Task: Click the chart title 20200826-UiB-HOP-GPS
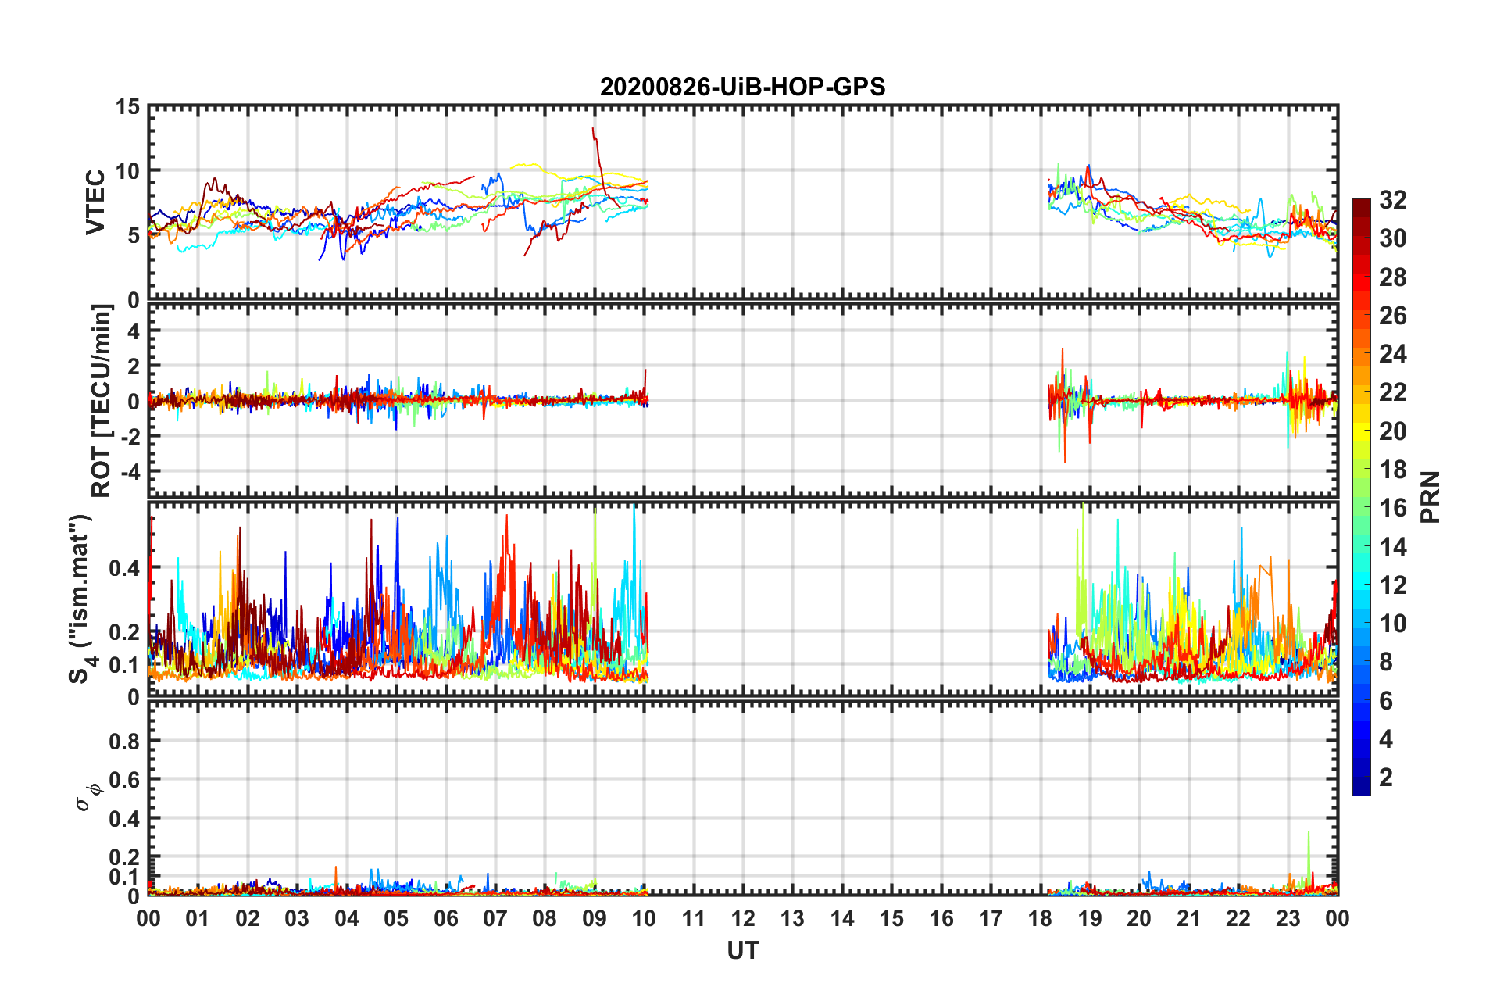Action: tap(742, 87)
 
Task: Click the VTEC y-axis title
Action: tap(95, 202)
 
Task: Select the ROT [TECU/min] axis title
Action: tap(102, 401)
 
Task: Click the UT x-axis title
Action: tap(742, 950)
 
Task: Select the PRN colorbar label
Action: tap(1431, 497)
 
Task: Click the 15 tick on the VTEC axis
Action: tap(127, 107)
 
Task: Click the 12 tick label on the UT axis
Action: tap(743, 918)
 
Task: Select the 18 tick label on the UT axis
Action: tap(1040, 918)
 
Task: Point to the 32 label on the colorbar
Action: tap(1392, 200)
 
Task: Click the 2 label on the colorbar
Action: tap(1386, 777)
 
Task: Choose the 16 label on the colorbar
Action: tap(1392, 508)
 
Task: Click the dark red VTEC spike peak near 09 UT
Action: tap(593, 129)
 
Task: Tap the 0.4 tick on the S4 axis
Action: tap(124, 568)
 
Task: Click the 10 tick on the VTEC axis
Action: tap(127, 171)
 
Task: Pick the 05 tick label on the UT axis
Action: tap(396, 918)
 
